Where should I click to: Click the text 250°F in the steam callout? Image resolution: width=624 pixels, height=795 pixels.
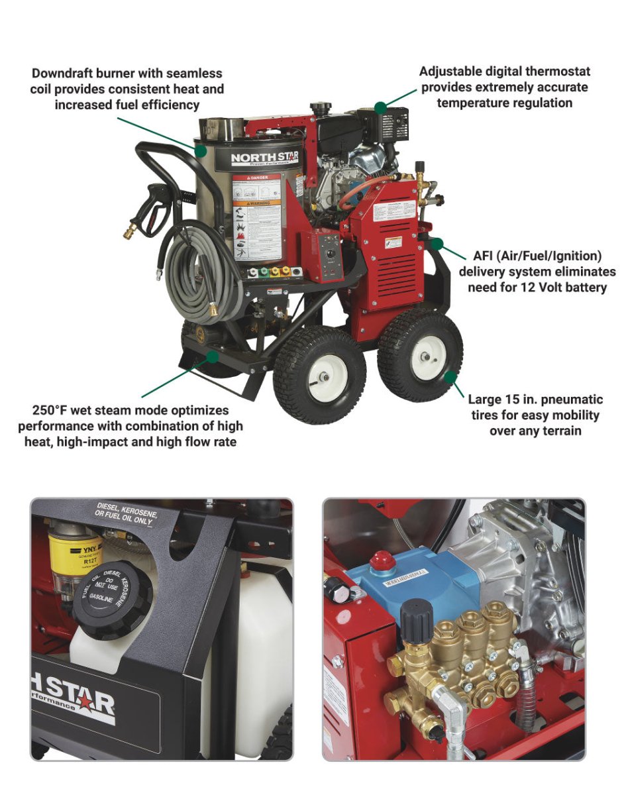[x=54, y=411]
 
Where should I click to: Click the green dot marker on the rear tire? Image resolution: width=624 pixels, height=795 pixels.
[x=450, y=378]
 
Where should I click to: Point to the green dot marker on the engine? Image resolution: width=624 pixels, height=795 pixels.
[x=380, y=107]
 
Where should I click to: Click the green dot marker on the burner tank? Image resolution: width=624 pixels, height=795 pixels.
[x=201, y=151]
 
